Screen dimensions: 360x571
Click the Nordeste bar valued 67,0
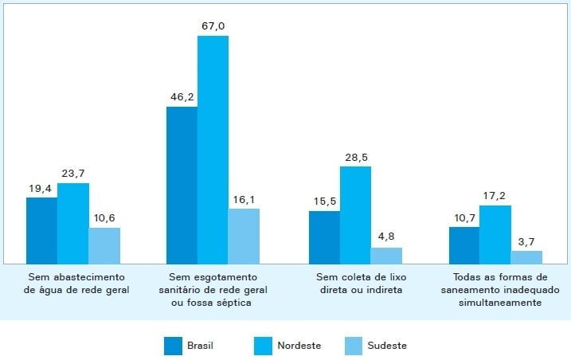pyautogui.click(x=213, y=150)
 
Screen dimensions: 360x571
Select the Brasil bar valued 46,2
pyautogui.click(x=182, y=185)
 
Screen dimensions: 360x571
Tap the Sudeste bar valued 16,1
pyautogui.click(x=244, y=236)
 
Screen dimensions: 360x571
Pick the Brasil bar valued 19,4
pyautogui.click(x=41, y=230)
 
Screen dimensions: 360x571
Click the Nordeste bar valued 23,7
pyautogui.click(x=72, y=223)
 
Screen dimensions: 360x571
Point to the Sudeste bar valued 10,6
pyautogui.click(x=104, y=245)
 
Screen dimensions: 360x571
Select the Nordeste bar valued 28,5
pyautogui.click(x=355, y=214)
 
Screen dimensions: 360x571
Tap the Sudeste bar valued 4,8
pyautogui.click(x=386, y=255)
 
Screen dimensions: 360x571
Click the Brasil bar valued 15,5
pyautogui.click(x=324, y=237)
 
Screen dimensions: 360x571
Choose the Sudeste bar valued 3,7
pyautogui.click(x=526, y=256)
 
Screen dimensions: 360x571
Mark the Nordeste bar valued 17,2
pyautogui.click(x=495, y=234)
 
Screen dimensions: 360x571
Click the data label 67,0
pyautogui.click(x=213, y=27)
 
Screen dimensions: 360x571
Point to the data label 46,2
pyautogui.click(x=182, y=98)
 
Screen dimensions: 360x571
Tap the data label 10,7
pyautogui.click(x=463, y=218)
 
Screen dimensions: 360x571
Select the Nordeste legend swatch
pyautogui.click(x=264, y=346)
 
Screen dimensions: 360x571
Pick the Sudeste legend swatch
pyautogui.click(x=354, y=346)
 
